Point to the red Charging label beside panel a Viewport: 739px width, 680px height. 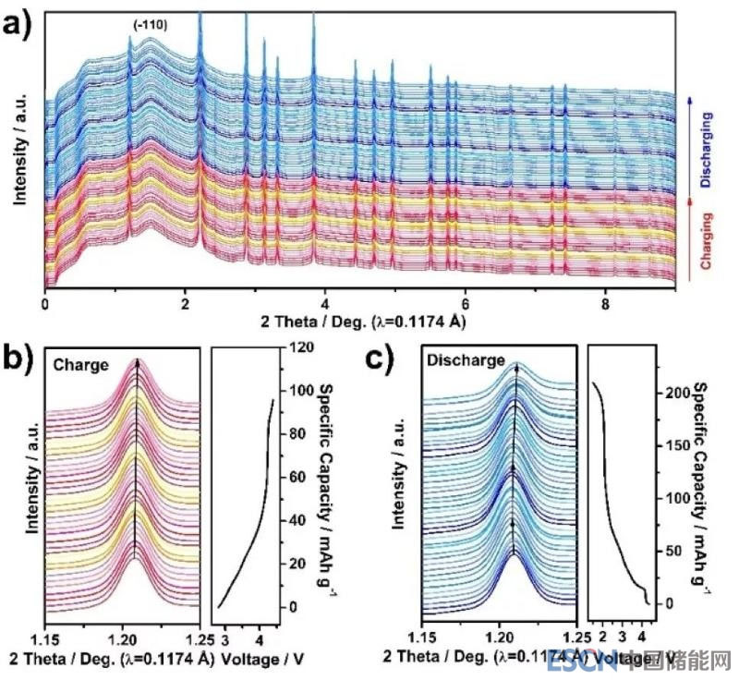click(x=706, y=240)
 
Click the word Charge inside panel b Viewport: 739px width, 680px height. click(x=85, y=363)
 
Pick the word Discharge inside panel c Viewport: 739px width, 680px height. click(x=466, y=360)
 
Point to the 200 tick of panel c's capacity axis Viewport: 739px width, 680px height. click(x=678, y=393)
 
